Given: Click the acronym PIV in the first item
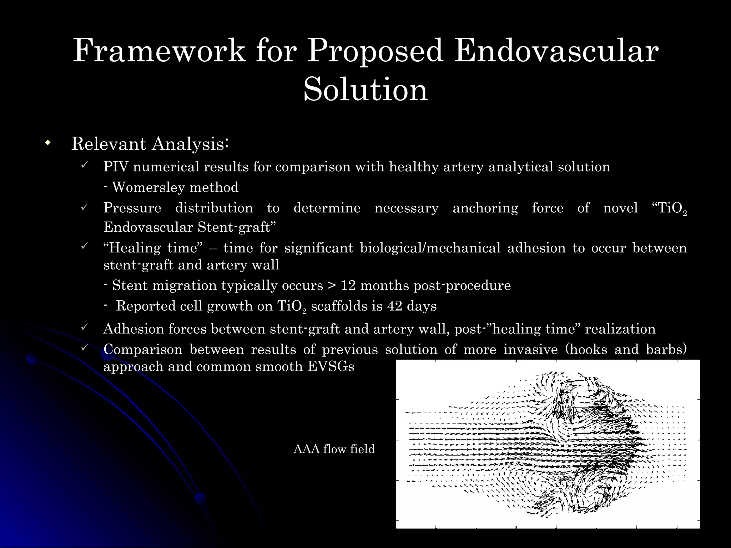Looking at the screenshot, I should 116,167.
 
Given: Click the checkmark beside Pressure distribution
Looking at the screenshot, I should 85,207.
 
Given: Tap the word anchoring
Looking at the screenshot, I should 485,208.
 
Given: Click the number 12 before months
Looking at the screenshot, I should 348,285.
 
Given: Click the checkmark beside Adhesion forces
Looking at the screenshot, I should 85,326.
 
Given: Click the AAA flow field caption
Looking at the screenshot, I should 334,449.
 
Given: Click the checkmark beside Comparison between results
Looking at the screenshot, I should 85,347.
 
